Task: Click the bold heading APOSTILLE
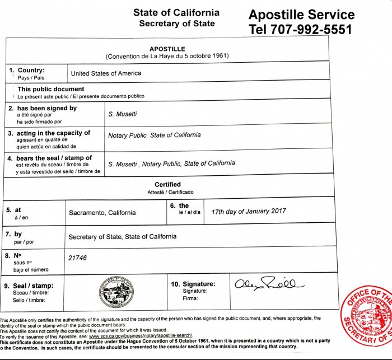click(x=167, y=49)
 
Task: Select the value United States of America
click(x=106, y=73)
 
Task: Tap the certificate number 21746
click(x=78, y=258)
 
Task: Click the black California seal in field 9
click(x=116, y=289)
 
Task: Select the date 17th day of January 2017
click(x=249, y=211)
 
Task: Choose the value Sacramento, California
click(x=102, y=213)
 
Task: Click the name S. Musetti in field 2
click(x=123, y=113)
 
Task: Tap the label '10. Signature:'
click(x=193, y=284)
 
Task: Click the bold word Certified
click(x=167, y=185)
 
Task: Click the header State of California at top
click(x=176, y=13)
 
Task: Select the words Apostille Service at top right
click(x=301, y=14)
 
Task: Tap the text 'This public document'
click(x=51, y=89)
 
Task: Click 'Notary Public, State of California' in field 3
click(x=154, y=135)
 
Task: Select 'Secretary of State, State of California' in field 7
click(x=122, y=237)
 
